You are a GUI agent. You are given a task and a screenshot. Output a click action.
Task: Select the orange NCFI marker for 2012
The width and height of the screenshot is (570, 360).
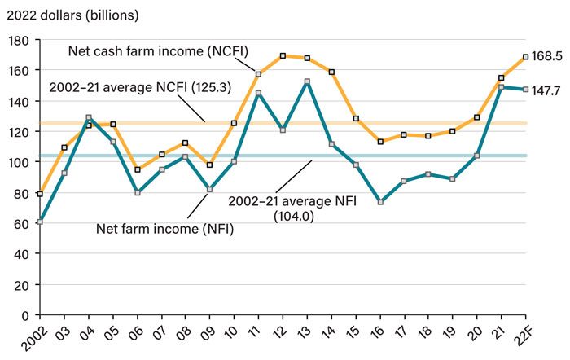[283, 56]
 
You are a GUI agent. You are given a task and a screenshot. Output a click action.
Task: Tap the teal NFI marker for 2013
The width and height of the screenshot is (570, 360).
[307, 81]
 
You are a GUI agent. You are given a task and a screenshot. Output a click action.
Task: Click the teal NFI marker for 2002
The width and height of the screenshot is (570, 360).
[40, 222]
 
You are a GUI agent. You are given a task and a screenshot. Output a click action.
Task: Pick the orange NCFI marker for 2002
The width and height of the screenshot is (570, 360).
[40, 194]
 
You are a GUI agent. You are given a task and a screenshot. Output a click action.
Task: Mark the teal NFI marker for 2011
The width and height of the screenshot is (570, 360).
[258, 93]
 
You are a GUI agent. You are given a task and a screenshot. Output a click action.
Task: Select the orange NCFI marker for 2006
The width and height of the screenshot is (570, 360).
[137, 169]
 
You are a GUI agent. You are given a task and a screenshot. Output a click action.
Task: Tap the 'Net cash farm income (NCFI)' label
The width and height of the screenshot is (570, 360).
[157, 50]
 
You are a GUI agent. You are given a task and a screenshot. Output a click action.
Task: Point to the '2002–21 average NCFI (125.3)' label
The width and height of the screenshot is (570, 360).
[131, 87]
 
